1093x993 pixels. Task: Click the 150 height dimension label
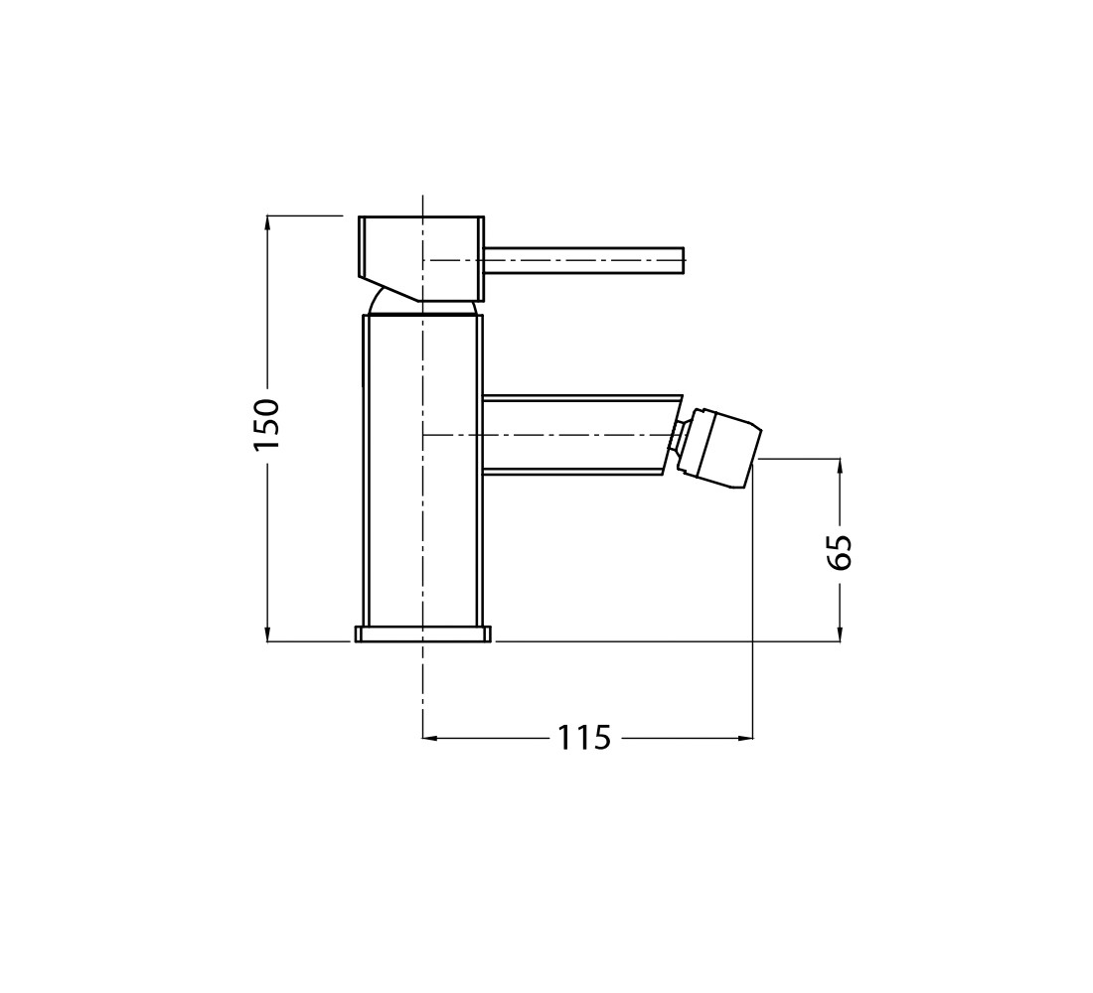pyautogui.click(x=267, y=424)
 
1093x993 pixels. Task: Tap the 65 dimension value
pyautogui.click(x=842, y=552)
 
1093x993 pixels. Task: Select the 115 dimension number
pyautogui.click(x=584, y=737)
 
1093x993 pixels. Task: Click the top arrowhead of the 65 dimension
pyautogui.click(x=840, y=467)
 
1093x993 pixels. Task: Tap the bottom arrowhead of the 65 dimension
pyautogui.click(x=840, y=633)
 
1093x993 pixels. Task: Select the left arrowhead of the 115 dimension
pyautogui.click(x=432, y=737)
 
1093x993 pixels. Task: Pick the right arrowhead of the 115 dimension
pyautogui.click(x=744, y=737)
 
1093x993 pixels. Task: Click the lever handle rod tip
pyautogui.click(x=684, y=260)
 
